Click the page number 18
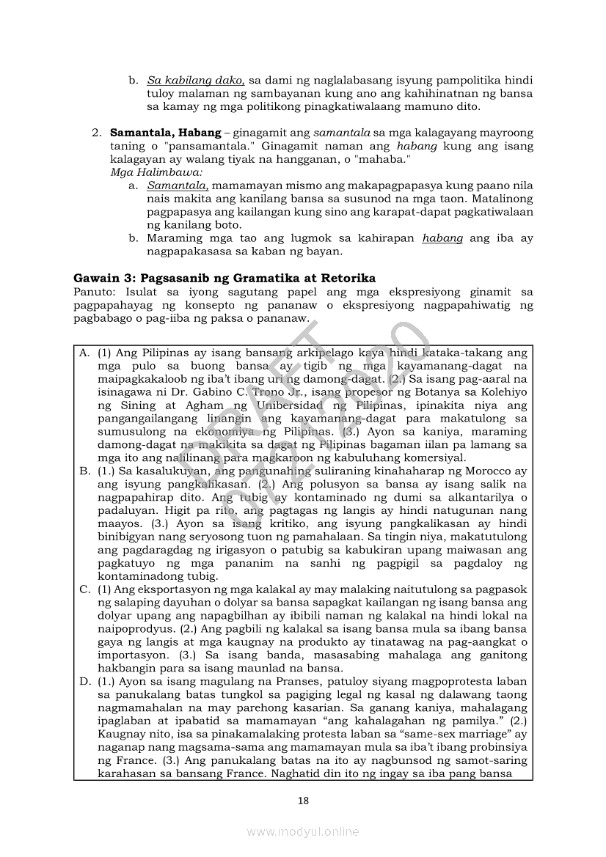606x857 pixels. pos(303,801)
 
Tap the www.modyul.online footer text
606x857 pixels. pos(303,831)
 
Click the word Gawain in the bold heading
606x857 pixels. pos(96,278)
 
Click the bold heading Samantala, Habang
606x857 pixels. pos(165,133)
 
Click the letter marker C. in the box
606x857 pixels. pos(85,589)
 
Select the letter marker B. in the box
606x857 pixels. pos(85,471)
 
